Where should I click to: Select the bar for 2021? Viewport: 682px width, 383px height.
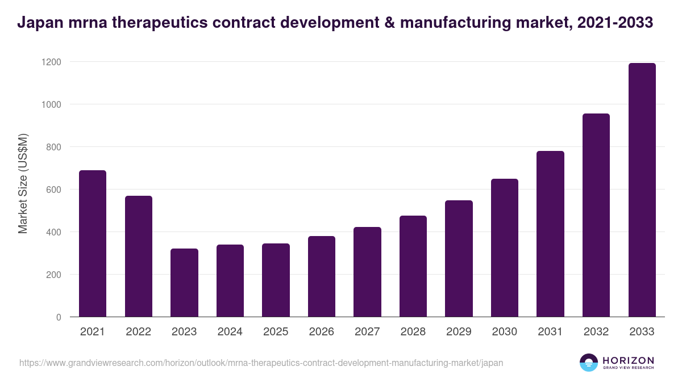(93, 243)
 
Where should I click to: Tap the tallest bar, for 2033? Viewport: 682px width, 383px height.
(642, 190)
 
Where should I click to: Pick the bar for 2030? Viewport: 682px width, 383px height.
(505, 248)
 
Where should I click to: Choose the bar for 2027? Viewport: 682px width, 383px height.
(367, 272)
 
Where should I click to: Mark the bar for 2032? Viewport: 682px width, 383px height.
(596, 215)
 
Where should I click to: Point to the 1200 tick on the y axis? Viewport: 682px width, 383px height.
(50, 61)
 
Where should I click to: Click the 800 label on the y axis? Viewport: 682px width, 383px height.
(53, 147)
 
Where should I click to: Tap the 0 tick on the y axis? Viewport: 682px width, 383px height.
(58, 317)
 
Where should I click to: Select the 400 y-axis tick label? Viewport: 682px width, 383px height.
(53, 232)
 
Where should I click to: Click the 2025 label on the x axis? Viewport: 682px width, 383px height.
(276, 332)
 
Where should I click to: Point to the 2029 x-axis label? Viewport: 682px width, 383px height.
(459, 332)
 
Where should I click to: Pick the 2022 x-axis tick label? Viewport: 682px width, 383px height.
(138, 332)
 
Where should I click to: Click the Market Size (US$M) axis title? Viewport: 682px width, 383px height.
(23, 184)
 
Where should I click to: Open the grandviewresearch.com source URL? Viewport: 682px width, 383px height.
(261, 363)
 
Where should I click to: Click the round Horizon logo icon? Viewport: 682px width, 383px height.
(588, 363)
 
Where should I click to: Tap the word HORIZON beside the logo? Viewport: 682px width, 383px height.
(628, 360)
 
